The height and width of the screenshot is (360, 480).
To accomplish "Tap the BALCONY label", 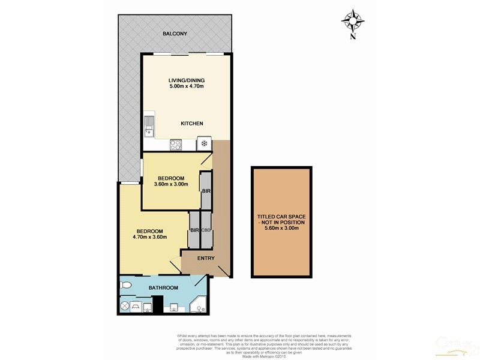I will [x=175, y=34].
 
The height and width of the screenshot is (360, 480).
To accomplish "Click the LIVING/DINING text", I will [x=187, y=80].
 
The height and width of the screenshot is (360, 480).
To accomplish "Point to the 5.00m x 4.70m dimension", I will [x=187, y=87].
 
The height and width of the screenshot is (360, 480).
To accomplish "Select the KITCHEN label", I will [x=192, y=124].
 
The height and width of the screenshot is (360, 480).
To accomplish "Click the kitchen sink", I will [x=149, y=127].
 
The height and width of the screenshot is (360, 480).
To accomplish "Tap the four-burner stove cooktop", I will [x=176, y=144].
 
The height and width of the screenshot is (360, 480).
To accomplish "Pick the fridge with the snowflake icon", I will [x=205, y=144].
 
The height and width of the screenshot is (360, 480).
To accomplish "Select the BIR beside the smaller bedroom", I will [x=205, y=191].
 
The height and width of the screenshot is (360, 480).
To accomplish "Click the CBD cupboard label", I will [x=206, y=230].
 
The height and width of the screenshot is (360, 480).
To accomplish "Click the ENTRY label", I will [x=206, y=259].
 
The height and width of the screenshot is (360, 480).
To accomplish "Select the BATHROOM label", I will [x=164, y=288].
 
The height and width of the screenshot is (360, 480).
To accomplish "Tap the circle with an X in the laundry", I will [x=125, y=305].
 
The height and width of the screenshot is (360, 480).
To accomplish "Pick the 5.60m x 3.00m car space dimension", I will [x=282, y=229].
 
